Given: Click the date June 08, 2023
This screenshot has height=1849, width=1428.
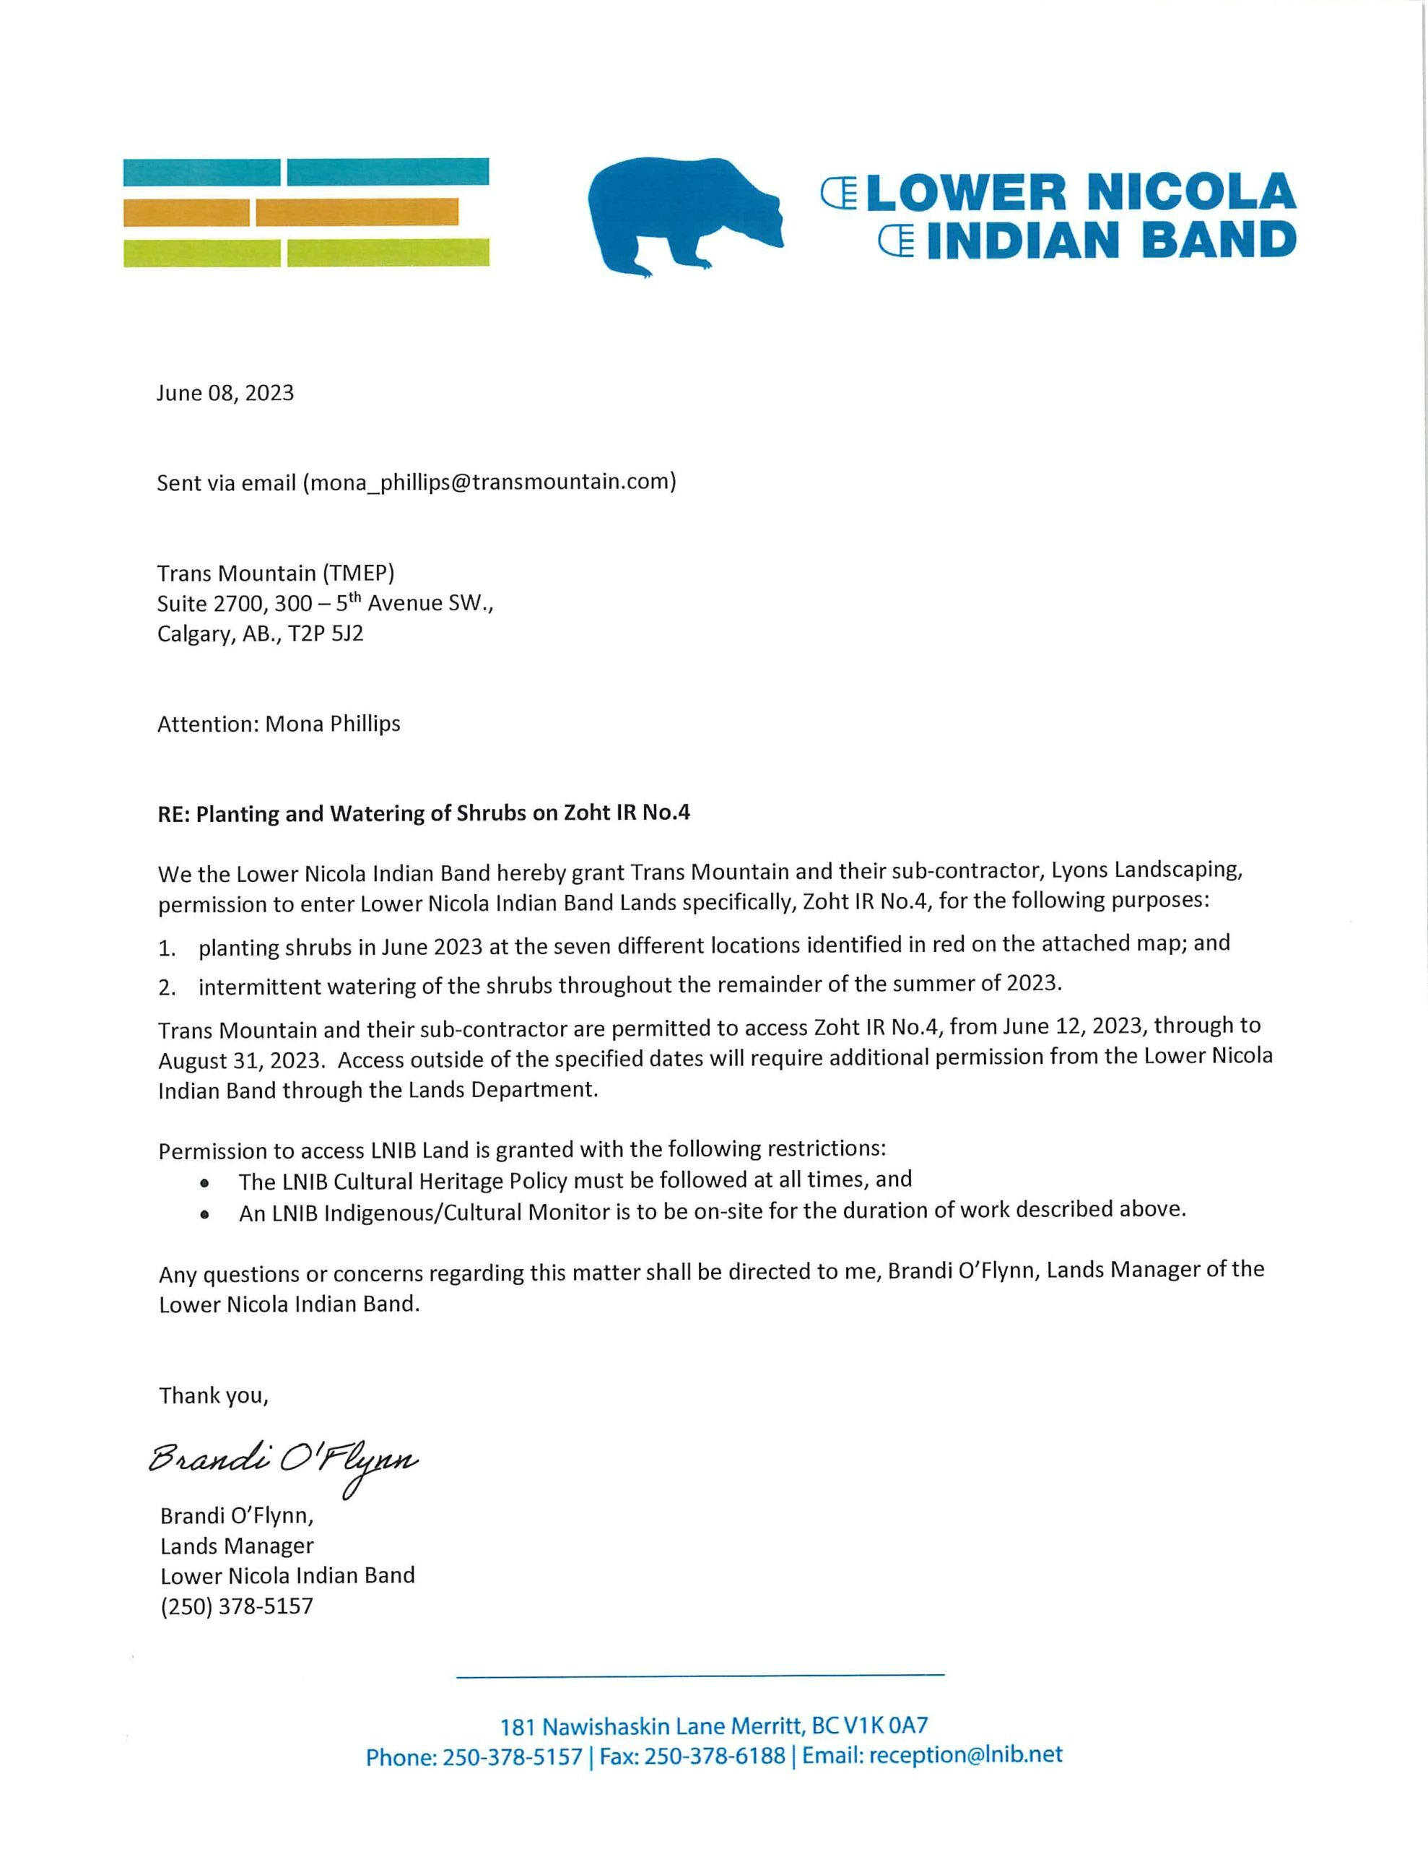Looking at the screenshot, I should click(225, 393).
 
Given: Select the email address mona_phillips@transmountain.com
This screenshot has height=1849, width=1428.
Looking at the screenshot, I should click(489, 482).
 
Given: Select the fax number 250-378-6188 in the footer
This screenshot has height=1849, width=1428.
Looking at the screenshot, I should click(715, 1756).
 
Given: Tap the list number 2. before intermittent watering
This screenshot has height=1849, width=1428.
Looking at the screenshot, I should click(167, 987).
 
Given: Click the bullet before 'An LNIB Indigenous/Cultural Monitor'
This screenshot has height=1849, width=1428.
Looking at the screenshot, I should click(204, 1214).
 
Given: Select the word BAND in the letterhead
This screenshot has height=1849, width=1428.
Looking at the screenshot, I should click(1219, 240).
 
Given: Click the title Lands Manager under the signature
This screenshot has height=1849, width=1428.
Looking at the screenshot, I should click(237, 1546).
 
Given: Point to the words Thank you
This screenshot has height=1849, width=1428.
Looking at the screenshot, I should click(213, 1395).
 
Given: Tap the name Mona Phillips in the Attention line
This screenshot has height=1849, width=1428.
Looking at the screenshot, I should click(333, 724).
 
